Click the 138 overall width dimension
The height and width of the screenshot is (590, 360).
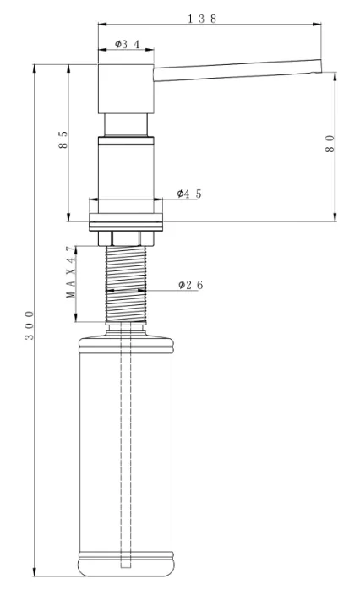click(202, 19)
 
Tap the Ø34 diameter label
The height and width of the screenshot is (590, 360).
click(127, 45)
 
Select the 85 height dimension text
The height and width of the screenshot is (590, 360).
click(63, 139)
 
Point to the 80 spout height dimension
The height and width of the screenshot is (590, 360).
click(330, 144)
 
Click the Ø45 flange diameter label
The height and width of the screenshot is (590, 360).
click(189, 194)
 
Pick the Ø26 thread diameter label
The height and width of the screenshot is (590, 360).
click(191, 285)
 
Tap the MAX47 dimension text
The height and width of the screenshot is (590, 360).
click(71, 271)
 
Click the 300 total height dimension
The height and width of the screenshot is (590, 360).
click(30, 325)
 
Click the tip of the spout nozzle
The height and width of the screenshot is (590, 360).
click(321, 66)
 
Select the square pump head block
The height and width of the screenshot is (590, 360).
click(126, 89)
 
